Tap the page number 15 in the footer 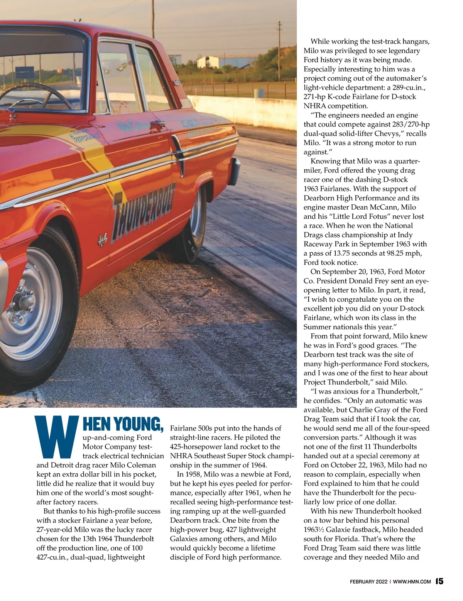click(439, 581)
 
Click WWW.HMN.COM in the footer click(412, 582)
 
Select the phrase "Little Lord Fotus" click(371, 216)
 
